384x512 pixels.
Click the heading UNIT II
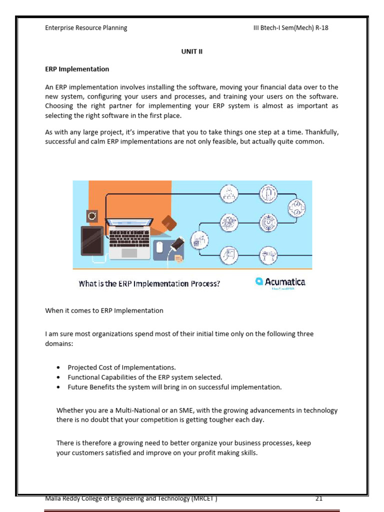tap(191, 51)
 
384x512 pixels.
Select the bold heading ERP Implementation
tap(77, 69)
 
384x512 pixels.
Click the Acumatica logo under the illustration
tap(280, 282)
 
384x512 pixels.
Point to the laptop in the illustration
tap(129, 238)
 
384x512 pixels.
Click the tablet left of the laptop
tap(92, 240)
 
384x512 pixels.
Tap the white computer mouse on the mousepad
tap(159, 247)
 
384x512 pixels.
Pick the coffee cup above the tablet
tap(92, 216)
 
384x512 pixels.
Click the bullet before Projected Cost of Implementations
tap(59, 367)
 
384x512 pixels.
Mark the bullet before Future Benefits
tap(59, 387)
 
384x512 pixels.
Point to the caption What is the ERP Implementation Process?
tap(149, 283)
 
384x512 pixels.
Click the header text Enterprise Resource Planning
tap(86, 28)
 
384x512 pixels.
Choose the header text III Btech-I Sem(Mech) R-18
tap(290, 28)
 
